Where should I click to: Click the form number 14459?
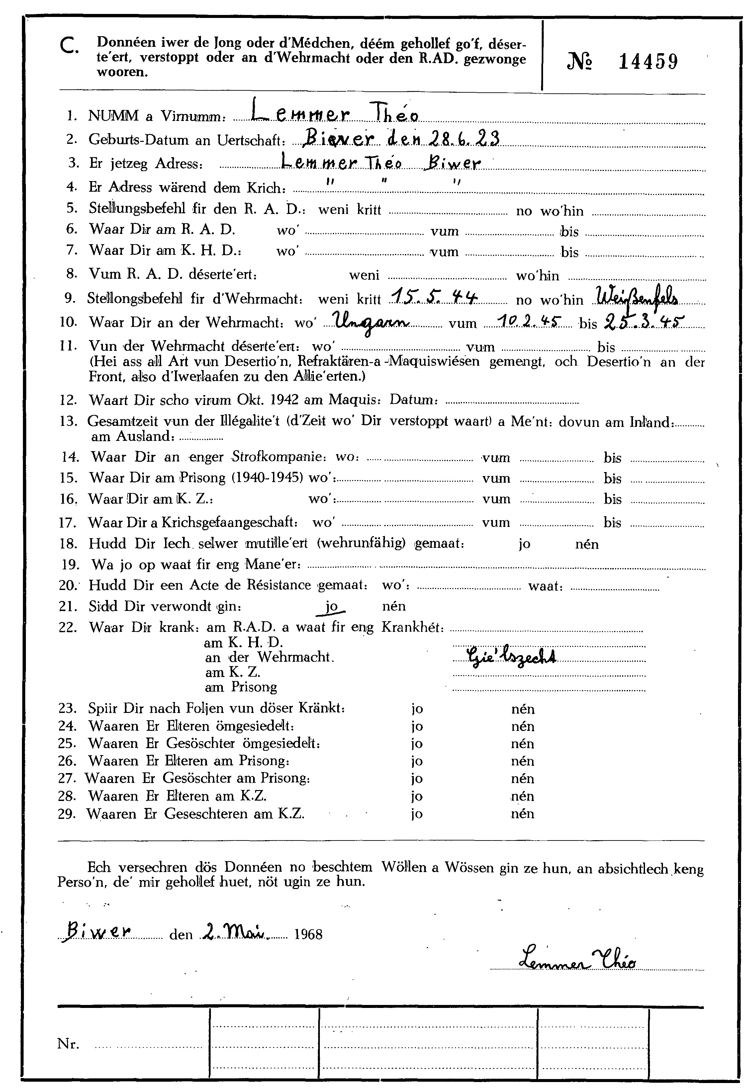(648, 62)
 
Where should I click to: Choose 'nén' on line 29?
(522, 814)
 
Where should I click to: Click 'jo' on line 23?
(417, 709)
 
